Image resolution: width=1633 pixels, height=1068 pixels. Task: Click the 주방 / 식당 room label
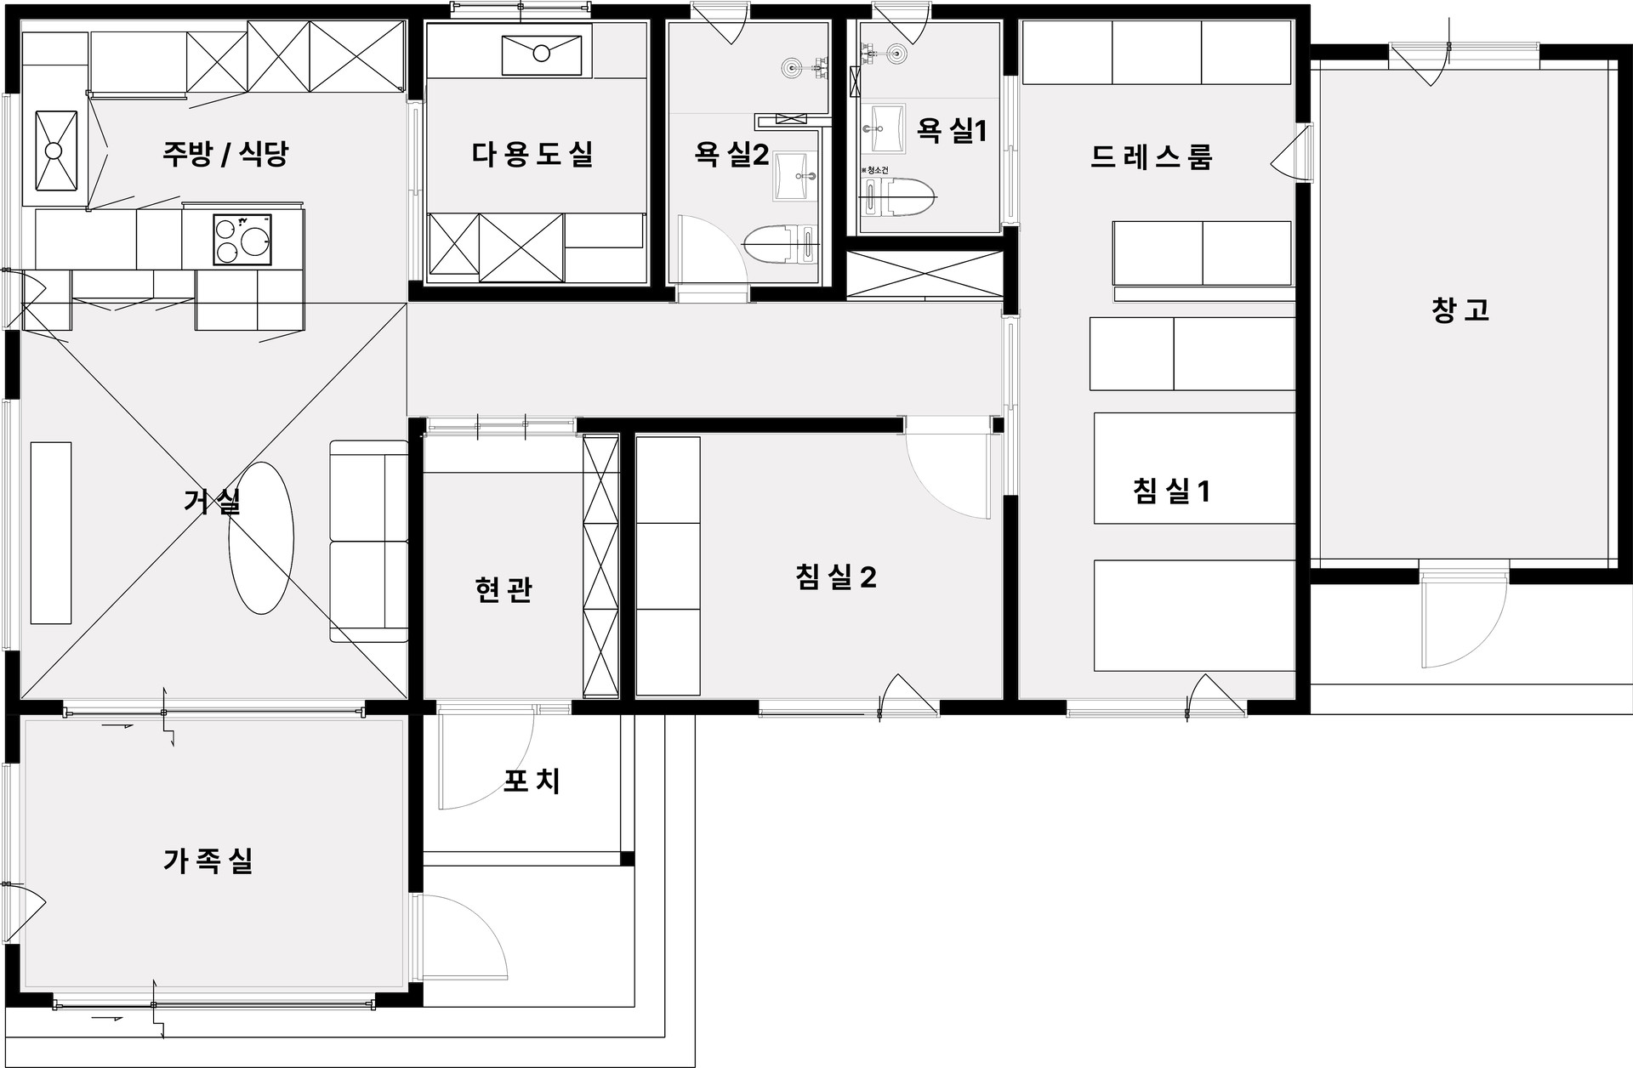tap(225, 154)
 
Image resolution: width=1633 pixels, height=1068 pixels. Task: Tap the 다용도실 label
tap(532, 154)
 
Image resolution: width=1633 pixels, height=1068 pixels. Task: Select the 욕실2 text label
tap(731, 154)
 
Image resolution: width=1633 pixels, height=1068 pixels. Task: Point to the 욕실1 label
tap(952, 130)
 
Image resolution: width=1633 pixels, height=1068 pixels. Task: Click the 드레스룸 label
tap(1151, 157)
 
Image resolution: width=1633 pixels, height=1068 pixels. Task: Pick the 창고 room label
tap(1460, 310)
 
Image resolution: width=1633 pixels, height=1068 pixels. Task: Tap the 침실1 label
tap(1171, 491)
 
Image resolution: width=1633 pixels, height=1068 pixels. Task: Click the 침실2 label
tap(836, 577)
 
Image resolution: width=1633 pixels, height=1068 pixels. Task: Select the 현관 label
tap(504, 589)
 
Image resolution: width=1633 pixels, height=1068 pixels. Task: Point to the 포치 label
tap(532, 781)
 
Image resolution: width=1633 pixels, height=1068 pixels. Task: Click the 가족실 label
tap(208, 861)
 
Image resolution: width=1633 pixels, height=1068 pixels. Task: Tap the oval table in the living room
tap(261, 537)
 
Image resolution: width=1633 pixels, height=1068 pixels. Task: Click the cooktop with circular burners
tap(242, 240)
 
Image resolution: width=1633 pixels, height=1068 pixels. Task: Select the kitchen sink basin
tap(55, 151)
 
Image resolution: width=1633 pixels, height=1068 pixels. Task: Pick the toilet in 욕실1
tap(900, 198)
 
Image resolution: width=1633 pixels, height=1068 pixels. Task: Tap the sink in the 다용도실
tap(541, 54)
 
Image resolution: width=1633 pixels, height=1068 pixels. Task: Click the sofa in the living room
tap(368, 541)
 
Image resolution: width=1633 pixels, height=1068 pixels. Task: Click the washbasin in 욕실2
tap(795, 176)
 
